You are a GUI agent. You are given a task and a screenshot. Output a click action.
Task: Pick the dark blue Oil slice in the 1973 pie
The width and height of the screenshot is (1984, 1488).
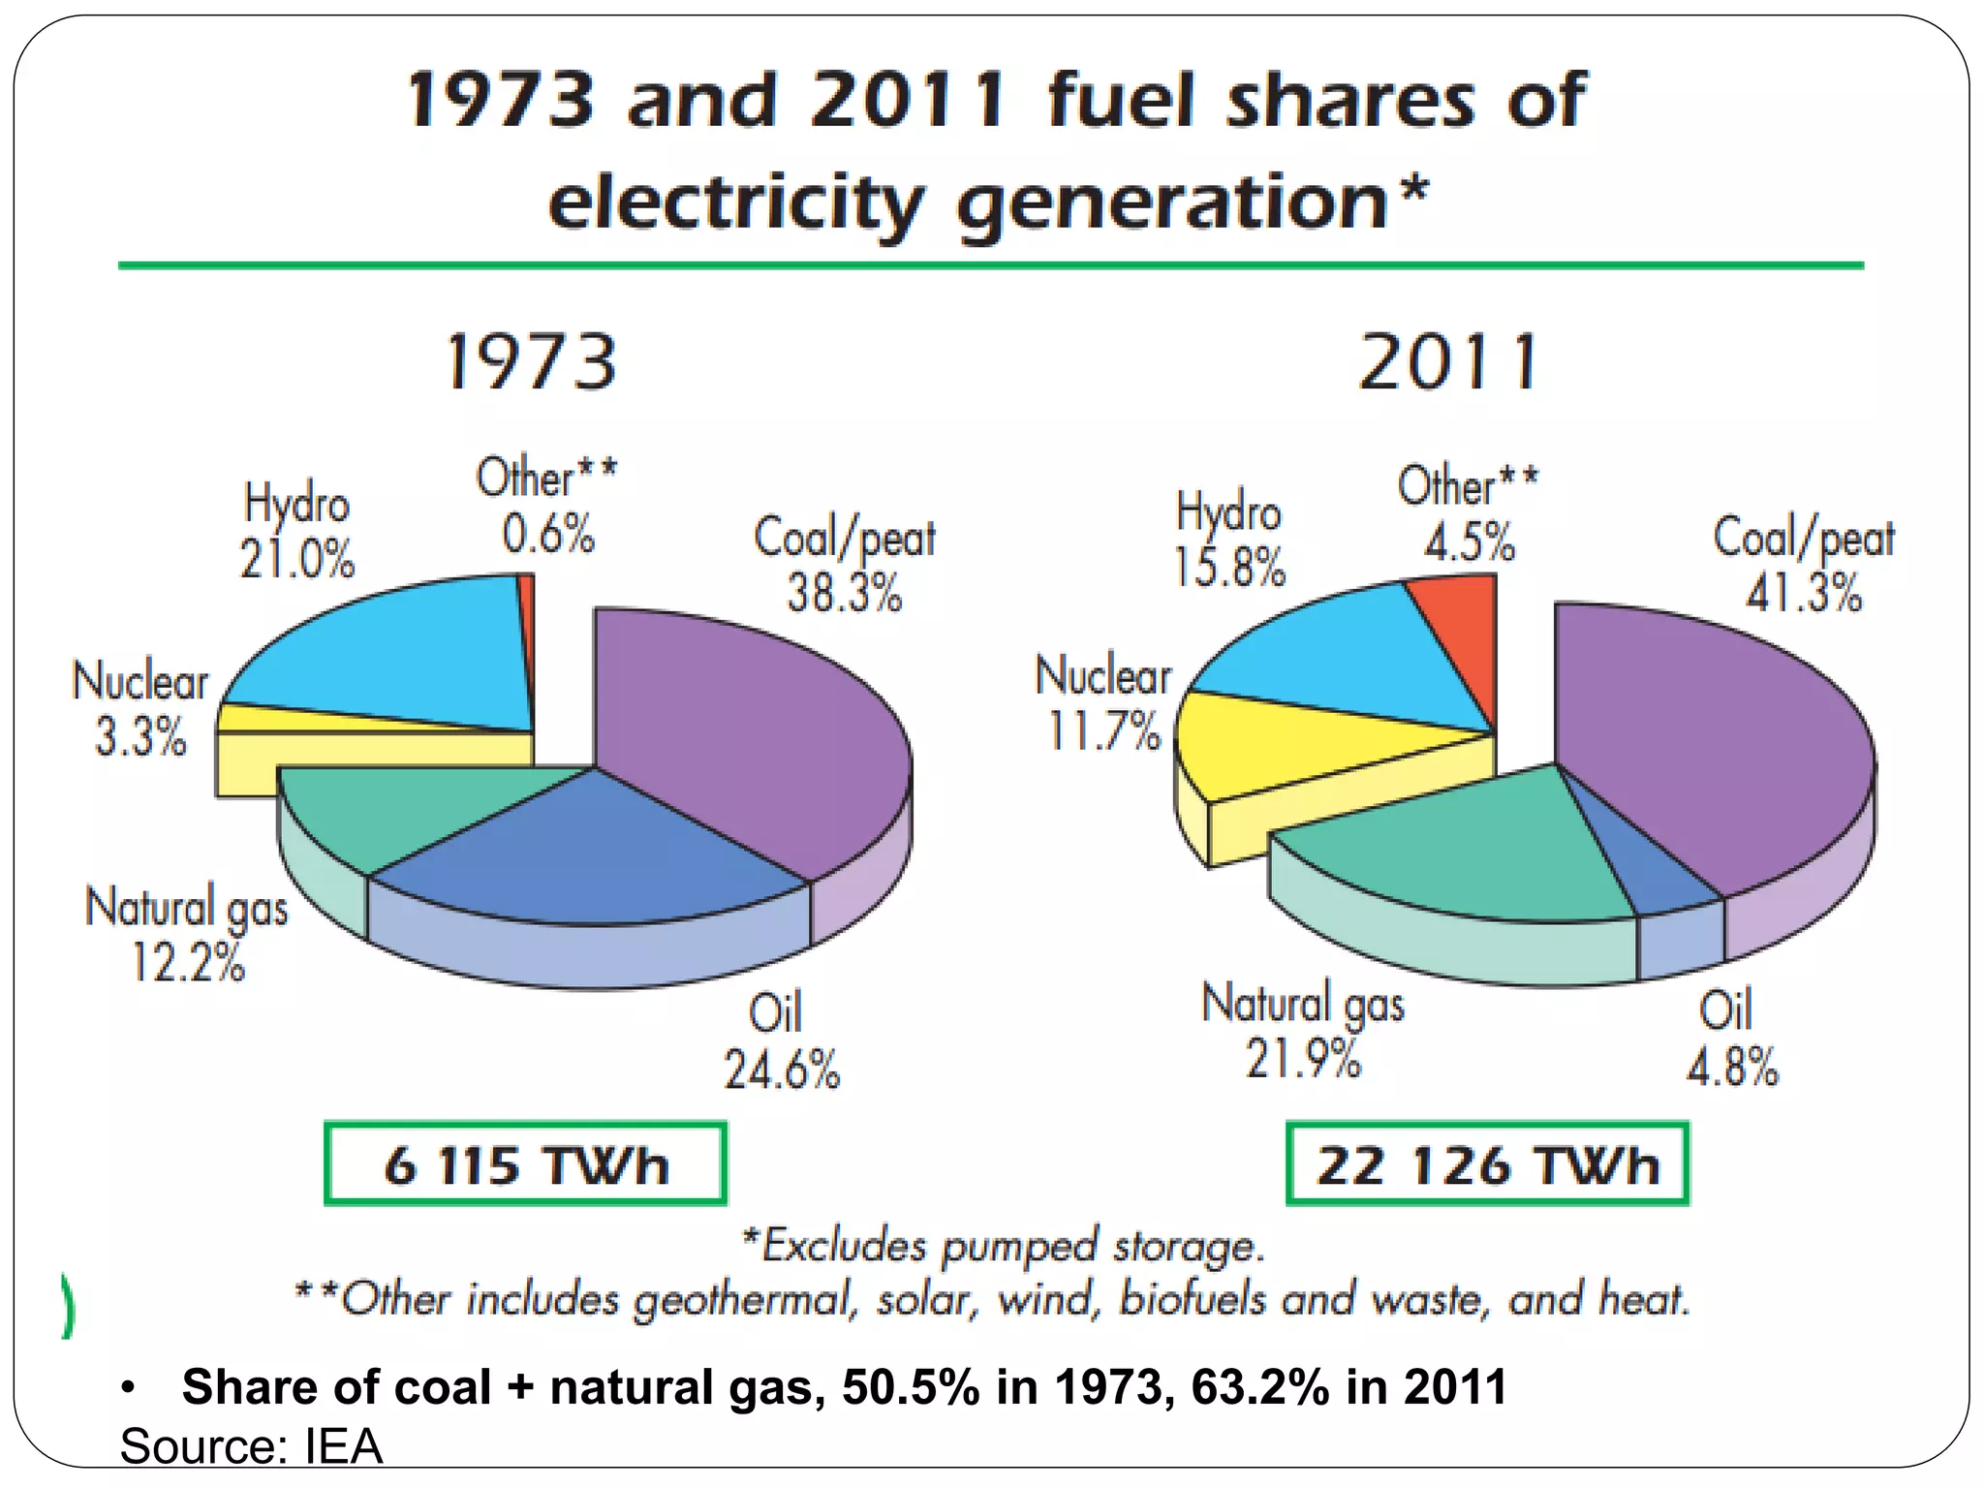click(x=591, y=852)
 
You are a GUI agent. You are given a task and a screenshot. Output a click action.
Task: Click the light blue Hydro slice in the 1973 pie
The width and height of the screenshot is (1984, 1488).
click(x=407, y=659)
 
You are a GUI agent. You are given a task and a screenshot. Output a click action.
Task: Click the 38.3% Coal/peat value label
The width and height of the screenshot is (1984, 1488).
click(x=844, y=592)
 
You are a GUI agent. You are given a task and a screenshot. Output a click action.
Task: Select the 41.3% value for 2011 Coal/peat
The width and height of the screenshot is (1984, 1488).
click(x=1803, y=592)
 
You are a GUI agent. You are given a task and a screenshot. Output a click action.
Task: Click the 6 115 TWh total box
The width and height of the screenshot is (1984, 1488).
click(x=525, y=1163)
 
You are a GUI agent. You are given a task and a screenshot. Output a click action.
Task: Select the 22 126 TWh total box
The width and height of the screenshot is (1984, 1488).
click(x=1487, y=1163)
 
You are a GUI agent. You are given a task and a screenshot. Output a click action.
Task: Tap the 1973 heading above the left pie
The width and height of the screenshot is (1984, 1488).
click(x=531, y=362)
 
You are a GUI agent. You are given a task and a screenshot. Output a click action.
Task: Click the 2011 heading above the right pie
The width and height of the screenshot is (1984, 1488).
click(x=1448, y=362)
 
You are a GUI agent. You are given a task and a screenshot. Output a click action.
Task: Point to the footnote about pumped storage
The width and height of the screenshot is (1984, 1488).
click(x=1003, y=1246)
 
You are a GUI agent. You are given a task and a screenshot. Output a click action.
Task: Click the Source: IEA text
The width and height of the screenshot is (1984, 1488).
click(x=251, y=1446)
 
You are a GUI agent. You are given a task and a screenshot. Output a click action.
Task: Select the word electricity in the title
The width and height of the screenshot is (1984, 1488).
click(x=734, y=203)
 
